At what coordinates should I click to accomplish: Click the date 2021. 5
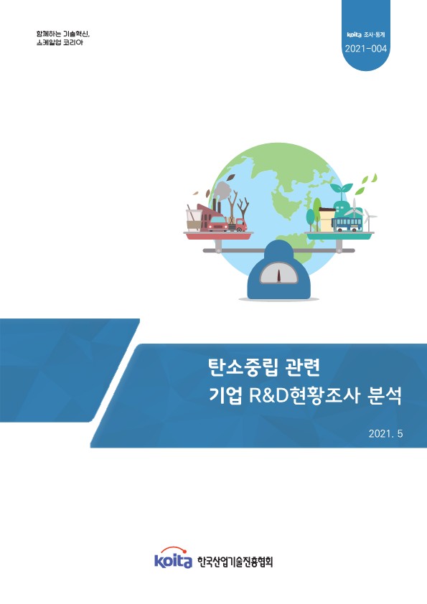click(x=386, y=434)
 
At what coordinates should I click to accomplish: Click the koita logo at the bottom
click(x=173, y=560)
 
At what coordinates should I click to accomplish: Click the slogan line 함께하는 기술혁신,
click(x=65, y=34)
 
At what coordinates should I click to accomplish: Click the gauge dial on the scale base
click(x=278, y=273)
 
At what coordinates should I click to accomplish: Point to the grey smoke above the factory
click(x=222, y=189)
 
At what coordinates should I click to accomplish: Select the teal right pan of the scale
click(x=340, y=235)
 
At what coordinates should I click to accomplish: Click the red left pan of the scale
click(x=215, y=235)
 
